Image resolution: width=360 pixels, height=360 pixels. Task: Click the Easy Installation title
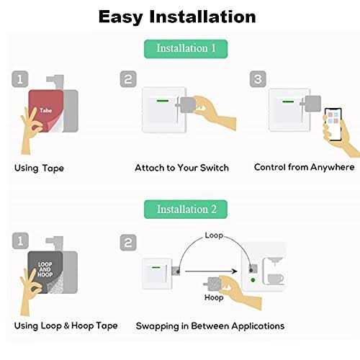click(177, 17)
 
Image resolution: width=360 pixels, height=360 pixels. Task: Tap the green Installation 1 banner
click(186, 49)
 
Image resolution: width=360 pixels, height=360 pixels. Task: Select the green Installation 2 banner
click(186, 209)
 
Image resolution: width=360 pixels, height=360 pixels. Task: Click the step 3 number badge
click(258, 79)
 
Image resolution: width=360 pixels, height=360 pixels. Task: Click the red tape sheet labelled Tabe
click(45, 111)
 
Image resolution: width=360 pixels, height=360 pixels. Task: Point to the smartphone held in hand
click(333, 124)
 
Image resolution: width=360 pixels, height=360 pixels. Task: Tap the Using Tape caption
click(39, 168)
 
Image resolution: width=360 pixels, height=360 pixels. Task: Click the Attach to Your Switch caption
click(181, 168)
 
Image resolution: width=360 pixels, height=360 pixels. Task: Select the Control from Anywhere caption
click(304, 167)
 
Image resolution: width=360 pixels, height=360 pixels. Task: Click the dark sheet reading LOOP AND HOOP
click(45, 272)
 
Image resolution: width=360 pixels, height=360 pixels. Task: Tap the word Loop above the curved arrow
click(214, 235)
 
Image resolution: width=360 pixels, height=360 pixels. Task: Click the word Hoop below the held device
click(214, 297)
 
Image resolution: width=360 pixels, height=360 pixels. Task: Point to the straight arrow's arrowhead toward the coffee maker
click(234, 271)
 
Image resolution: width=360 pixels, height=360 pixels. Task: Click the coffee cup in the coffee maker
click(276, 279)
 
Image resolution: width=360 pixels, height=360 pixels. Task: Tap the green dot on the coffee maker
click(253, 280)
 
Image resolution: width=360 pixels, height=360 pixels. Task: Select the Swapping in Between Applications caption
click(210, 326)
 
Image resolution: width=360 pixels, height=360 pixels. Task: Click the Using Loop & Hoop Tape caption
click(66, 325)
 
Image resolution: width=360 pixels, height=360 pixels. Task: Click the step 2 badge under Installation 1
click(128, 79)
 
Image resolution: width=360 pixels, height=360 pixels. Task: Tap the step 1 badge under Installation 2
click(20, 240)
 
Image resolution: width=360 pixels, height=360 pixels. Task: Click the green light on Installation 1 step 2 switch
click(163, 101)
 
